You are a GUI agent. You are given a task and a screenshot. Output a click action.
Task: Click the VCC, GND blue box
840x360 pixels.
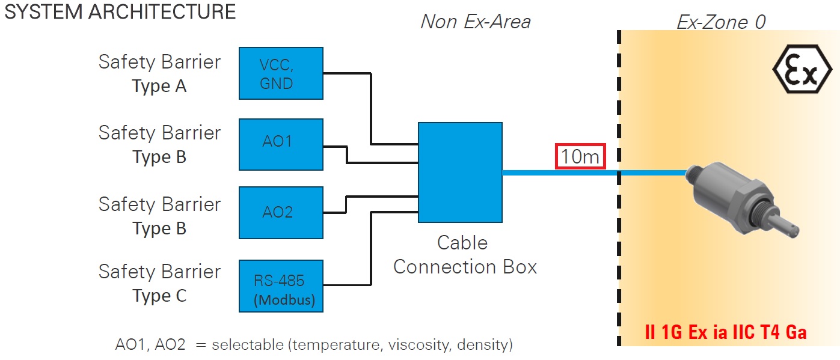pos(281,73)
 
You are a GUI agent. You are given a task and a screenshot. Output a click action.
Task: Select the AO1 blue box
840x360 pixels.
pos(281,144)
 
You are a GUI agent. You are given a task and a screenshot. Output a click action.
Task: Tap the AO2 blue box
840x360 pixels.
pos(281,212)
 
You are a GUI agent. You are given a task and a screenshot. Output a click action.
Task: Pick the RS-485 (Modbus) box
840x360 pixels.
pos(281,286)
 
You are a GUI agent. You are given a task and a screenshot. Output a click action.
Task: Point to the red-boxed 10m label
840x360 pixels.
pos(580,157)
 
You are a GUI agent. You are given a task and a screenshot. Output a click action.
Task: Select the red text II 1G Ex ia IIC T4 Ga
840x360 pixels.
pos(725,332)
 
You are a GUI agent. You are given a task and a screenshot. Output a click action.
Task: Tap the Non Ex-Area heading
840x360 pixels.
pos(475,22)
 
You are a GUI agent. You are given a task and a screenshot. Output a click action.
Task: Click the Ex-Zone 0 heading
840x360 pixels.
pos(721,22)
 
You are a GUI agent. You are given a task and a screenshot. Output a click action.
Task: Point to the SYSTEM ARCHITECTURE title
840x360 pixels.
pos(120,12)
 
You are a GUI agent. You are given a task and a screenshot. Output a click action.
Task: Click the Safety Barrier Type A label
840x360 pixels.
pos(159,73)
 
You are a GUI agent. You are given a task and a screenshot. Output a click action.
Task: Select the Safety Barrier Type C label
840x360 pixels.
pos(159,283)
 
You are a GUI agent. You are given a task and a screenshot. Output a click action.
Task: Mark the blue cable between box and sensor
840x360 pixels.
pos(559,173)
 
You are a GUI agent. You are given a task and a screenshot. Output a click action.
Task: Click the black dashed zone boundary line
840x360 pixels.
pos(619,240)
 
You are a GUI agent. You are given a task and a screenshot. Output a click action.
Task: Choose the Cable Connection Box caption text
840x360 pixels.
pos(464,255)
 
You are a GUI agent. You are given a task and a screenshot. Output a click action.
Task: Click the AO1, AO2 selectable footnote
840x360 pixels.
pos(313,345)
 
